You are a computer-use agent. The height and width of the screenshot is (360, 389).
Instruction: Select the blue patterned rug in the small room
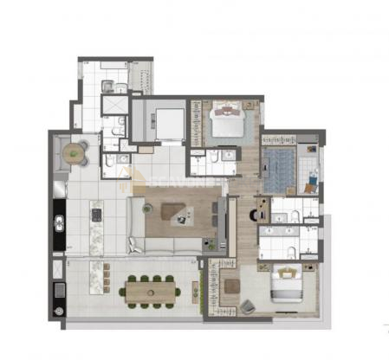278,170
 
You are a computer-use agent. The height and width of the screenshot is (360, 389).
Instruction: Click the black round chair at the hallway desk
259,210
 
